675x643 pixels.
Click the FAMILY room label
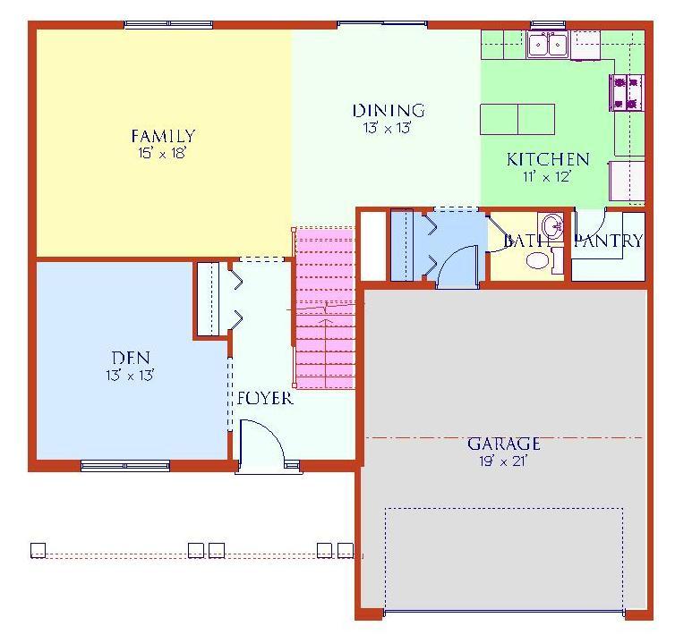point(163,136)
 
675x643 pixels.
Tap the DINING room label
point(389,111)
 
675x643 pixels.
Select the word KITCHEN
point(548,159)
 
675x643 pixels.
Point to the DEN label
point(131,358)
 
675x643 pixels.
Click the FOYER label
point(265,398)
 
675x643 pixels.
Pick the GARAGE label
point(504,444)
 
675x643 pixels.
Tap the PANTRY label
point(609,241)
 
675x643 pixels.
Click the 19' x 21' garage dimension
point(504,461)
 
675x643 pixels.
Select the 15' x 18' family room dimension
point(162,153)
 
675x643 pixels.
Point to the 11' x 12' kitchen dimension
point(547,177)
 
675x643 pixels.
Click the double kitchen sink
point(548,44)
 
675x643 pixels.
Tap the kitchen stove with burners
point(627,92)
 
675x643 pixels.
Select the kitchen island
point(517,119)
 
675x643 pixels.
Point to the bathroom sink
point(551,225)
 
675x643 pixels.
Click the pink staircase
point(326,309)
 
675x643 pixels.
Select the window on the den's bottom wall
point(125,465)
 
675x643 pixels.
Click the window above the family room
point(168,24)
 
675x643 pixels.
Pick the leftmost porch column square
point(38,550)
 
